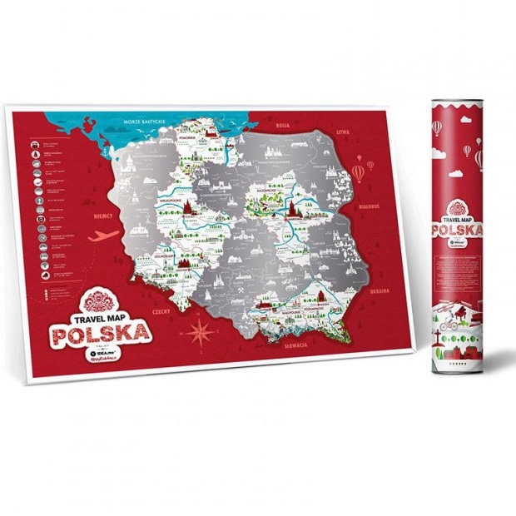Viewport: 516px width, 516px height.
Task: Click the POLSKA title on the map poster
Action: coord(102,335)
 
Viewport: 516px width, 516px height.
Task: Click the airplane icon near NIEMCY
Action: coord(97,236)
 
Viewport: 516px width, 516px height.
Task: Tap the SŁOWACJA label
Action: coord(295,344)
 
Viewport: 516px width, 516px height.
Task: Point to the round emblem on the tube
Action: coord(458,206)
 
